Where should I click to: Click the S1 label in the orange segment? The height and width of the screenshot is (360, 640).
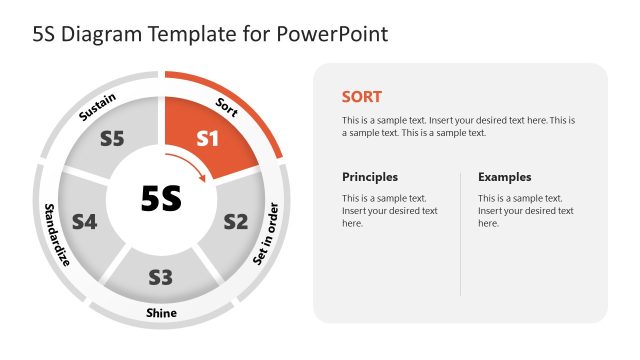pos(207,139)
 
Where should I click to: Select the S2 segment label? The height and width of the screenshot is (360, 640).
pos(235,221)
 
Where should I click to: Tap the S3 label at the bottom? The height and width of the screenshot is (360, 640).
pos(161,277)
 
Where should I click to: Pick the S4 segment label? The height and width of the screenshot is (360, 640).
pos(84,222)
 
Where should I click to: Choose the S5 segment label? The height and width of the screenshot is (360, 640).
pos(112,139)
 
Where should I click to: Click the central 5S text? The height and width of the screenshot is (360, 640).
pos(161,199)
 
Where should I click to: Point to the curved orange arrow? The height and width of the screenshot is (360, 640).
pos(194,165)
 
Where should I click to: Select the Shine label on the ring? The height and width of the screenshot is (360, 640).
pos(161,313)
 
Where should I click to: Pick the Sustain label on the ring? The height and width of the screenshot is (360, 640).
pos(98,107)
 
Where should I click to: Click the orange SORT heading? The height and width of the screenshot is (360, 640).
pos(361,97)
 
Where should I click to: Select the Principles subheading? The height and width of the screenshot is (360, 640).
pos(370,177)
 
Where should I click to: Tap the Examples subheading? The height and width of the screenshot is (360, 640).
pos(504,177)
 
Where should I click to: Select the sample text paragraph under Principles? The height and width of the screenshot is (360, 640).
pos(390,211)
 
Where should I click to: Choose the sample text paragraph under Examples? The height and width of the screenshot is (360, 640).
pos(526,211)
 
